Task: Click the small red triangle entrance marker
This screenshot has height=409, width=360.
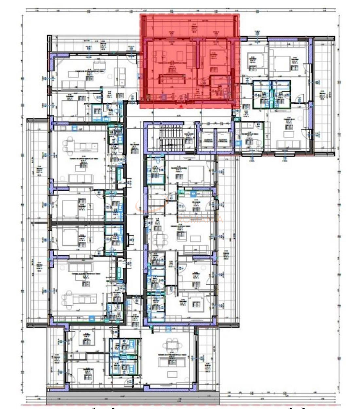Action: tap(181, 106)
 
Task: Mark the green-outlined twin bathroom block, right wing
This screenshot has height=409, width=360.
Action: tap(272, 94)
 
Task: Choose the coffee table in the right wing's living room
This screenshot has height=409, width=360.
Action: tap(289, 134)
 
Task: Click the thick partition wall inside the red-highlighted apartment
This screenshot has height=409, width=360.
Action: tap(198, 52)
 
